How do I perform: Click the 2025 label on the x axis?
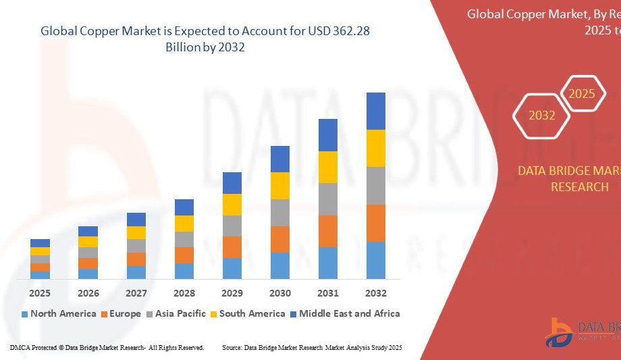click(x=40, y=293)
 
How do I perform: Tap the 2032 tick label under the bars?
click(x=376, y=293)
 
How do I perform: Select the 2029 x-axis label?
click(x=232, y=293)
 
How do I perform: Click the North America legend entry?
click(x=59, y=314)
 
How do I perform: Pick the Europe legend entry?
click(x=122, y=314)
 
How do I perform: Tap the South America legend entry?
click(x=247, y=314)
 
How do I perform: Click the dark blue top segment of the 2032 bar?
click(x=376, y=111)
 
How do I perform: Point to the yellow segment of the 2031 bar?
click(x=328, y=167)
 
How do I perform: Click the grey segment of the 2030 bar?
click(x=280, y=213)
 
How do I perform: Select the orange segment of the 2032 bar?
click(x=376, y=223)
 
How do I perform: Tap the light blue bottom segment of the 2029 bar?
click(x=232, y=268)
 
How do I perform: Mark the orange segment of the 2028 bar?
click(x=184, y=255)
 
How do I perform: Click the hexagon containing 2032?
click(x=542, y=115)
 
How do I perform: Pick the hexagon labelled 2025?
click(x=582, y=94)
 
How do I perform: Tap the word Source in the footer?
click(x=232, y=347)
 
